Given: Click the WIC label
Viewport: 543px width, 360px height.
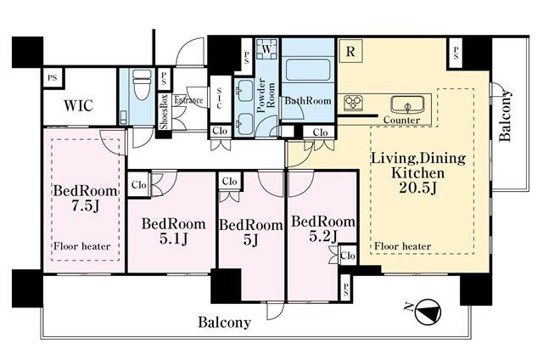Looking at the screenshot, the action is coord(79,105).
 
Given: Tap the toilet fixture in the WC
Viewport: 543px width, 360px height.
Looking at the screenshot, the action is coord(142,85).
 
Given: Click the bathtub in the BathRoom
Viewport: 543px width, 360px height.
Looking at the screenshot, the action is coord(308,70).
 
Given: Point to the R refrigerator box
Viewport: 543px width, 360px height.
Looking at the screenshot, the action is coord(350,51).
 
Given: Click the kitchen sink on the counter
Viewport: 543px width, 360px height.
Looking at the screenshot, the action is coord(407,104).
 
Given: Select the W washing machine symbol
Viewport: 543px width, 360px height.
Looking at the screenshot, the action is coord(266,49).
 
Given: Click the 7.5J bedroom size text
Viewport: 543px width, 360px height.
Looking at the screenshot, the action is coord(85,206).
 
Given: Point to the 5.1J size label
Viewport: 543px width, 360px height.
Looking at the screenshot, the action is coord(173,239).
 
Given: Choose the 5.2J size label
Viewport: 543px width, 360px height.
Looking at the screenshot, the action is coord(323,236).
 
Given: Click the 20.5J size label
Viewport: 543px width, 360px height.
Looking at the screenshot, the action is coord(417,188).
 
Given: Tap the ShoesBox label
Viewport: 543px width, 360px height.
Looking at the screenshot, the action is coord(164,111).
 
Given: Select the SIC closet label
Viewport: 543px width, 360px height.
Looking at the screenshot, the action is coord(219,98).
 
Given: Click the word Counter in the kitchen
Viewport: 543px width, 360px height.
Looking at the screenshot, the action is coord(401,121).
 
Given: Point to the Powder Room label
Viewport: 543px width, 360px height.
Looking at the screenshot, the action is coord(266,95).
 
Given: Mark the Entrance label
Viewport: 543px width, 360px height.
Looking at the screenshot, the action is coord(188,100).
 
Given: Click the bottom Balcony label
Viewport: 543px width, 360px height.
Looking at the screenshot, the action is coord(224,323).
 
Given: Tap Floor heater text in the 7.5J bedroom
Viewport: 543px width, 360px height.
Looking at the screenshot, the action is coord(81,246).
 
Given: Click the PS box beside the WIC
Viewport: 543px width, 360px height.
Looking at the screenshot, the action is coord(53,77).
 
